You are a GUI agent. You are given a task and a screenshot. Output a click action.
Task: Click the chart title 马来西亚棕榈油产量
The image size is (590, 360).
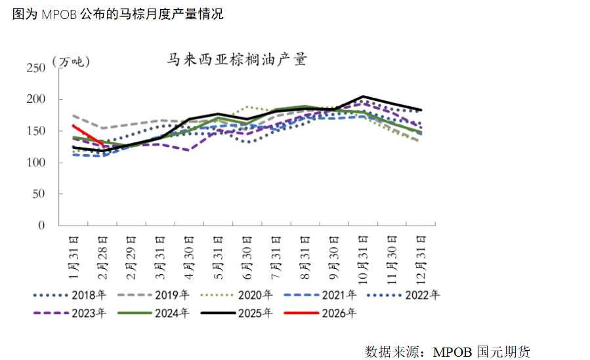click(x=236, y=60)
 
